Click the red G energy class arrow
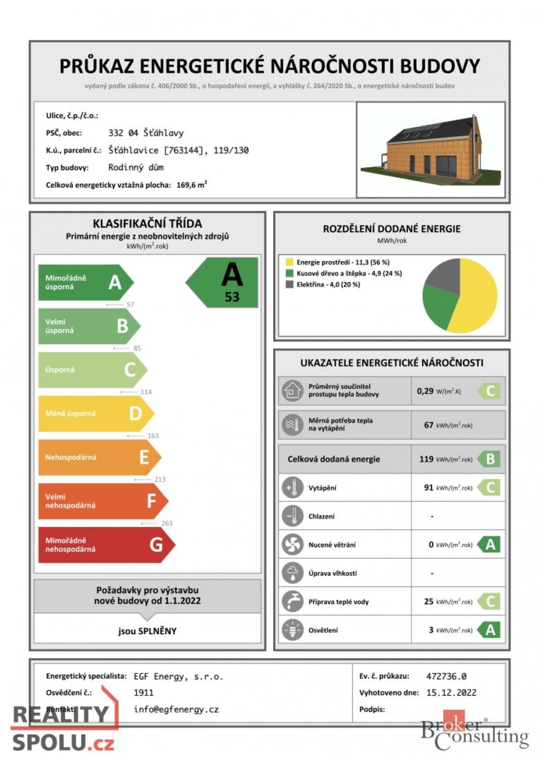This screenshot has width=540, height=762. (x=105, y=545)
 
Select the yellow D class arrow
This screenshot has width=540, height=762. (x=95, y=414)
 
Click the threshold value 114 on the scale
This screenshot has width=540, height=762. (x=146, y=392)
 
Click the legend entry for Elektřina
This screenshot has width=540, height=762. (x=328, y=285)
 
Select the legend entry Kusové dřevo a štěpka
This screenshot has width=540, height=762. (x=349, y=273)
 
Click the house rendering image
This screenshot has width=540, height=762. (x=431, y=150)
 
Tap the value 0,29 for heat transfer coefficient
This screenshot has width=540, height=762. (x=425, y=391)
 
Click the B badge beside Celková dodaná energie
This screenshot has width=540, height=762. (x=490, y=459)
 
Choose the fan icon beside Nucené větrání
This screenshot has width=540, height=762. (x=292, y=545)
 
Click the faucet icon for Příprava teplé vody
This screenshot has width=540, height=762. (x=292, y=601)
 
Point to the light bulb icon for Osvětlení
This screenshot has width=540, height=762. (x=292, y=630)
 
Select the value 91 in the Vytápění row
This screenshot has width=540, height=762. (x=428, y=488)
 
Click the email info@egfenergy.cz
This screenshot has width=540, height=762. (x=176, y=709)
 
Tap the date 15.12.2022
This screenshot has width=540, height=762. (x=451, y=693)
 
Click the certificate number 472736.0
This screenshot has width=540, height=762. (x=446, y=676)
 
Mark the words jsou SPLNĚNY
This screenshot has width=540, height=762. (x=147, y=631)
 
